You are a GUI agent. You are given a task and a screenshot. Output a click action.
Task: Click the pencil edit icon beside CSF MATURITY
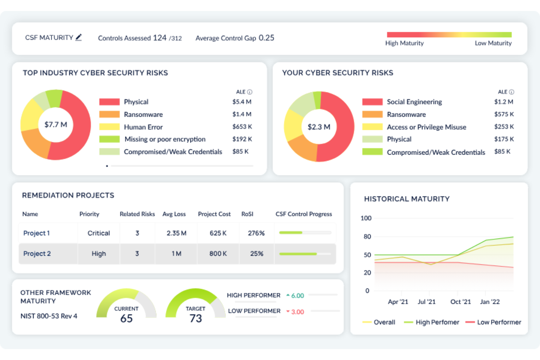(78, 37)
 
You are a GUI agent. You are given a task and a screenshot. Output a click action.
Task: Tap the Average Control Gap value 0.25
(266, 38)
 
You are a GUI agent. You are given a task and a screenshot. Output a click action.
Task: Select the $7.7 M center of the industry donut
(56, 125)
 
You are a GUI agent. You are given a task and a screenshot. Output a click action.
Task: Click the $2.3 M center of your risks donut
(319, 127)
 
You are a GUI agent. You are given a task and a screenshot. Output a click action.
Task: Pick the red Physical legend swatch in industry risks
(109, 102)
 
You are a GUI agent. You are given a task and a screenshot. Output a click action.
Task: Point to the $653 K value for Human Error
(242, 127)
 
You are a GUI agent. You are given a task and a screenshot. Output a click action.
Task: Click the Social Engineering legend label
(414, 102)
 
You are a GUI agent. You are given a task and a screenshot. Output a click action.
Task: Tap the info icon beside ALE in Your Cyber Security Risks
(512, 92)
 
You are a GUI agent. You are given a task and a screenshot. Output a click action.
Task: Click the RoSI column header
(247, 214)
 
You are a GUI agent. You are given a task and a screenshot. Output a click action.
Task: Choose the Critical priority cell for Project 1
(99, 233)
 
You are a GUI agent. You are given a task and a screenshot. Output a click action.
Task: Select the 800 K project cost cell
(218, 253)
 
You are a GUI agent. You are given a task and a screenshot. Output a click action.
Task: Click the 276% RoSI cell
(256, 233)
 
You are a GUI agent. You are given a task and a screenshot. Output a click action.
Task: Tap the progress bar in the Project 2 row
(305, 254)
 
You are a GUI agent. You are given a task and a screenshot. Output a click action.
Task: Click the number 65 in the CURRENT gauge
(126, 318)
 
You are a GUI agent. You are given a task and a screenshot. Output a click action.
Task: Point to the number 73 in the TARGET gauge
(196, 318)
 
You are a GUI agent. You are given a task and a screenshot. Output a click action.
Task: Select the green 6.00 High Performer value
(297, 296)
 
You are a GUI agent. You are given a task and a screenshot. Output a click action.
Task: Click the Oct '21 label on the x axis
(460, 302)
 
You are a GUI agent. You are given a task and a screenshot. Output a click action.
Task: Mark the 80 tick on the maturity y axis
(367, 236)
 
